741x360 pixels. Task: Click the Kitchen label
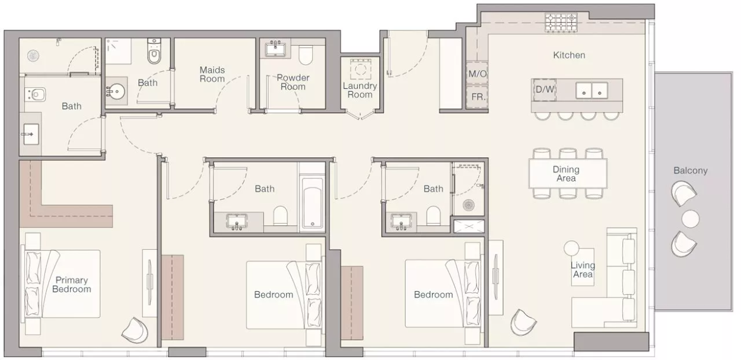pos(569,55)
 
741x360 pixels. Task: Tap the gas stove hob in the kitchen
pos(561,23)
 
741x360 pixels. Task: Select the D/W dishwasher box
pos(545,89)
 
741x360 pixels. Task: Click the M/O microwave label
pos(478,74)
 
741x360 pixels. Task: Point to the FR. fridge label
pos(478,97)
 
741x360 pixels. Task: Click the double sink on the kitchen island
pos(592,91)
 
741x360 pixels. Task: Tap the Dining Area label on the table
pos(566,174)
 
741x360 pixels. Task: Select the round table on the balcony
pos(691,219)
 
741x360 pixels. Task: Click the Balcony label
pos(691,171)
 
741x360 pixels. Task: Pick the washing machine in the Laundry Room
pos(360,70)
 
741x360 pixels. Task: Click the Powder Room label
pos(292,82)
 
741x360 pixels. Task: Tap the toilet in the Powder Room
pos(306,55)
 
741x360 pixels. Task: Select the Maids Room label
pos(212,74)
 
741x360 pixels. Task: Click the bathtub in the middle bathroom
pos(313,203)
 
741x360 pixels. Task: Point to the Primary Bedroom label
pos(71,285)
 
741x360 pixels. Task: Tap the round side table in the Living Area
pos(571,248)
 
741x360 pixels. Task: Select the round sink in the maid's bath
pos(116,90)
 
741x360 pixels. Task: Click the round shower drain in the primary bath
pos(33,56)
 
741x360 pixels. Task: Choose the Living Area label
pos(583,270)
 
